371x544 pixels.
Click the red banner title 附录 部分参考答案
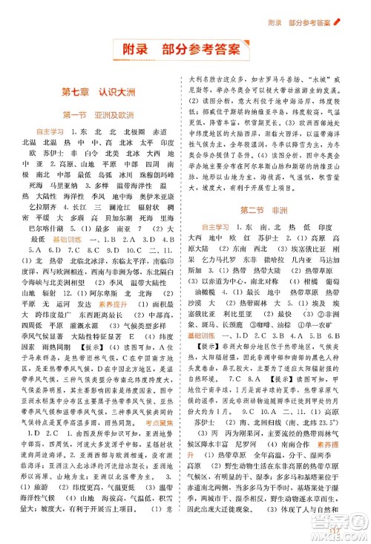click(x=185, y=50)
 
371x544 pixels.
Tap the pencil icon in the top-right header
click(x=357, y=10)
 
